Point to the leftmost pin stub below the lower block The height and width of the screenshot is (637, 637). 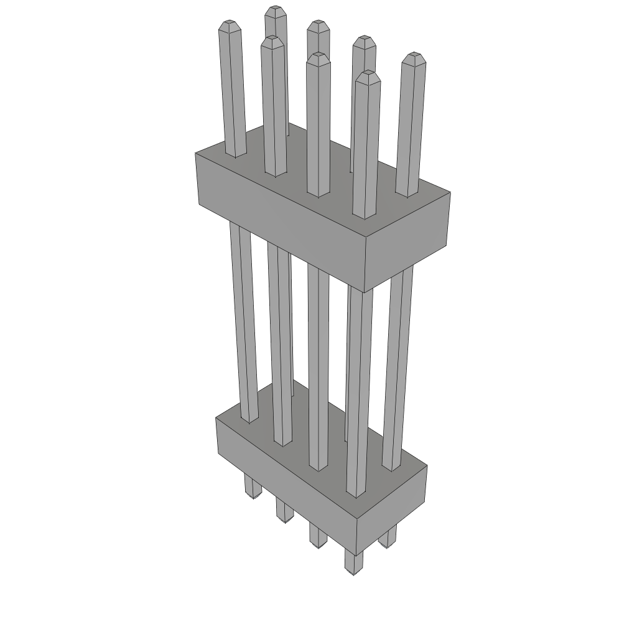[x=252, y=488]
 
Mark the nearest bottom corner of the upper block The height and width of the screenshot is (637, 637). [x=366, y=292]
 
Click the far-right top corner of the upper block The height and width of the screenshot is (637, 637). [x=450, y=192]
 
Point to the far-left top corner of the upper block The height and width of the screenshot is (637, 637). [x=195, y=152]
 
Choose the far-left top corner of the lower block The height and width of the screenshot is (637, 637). [x=216, y=417]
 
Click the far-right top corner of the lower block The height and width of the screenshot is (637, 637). [x=427, y=465]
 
